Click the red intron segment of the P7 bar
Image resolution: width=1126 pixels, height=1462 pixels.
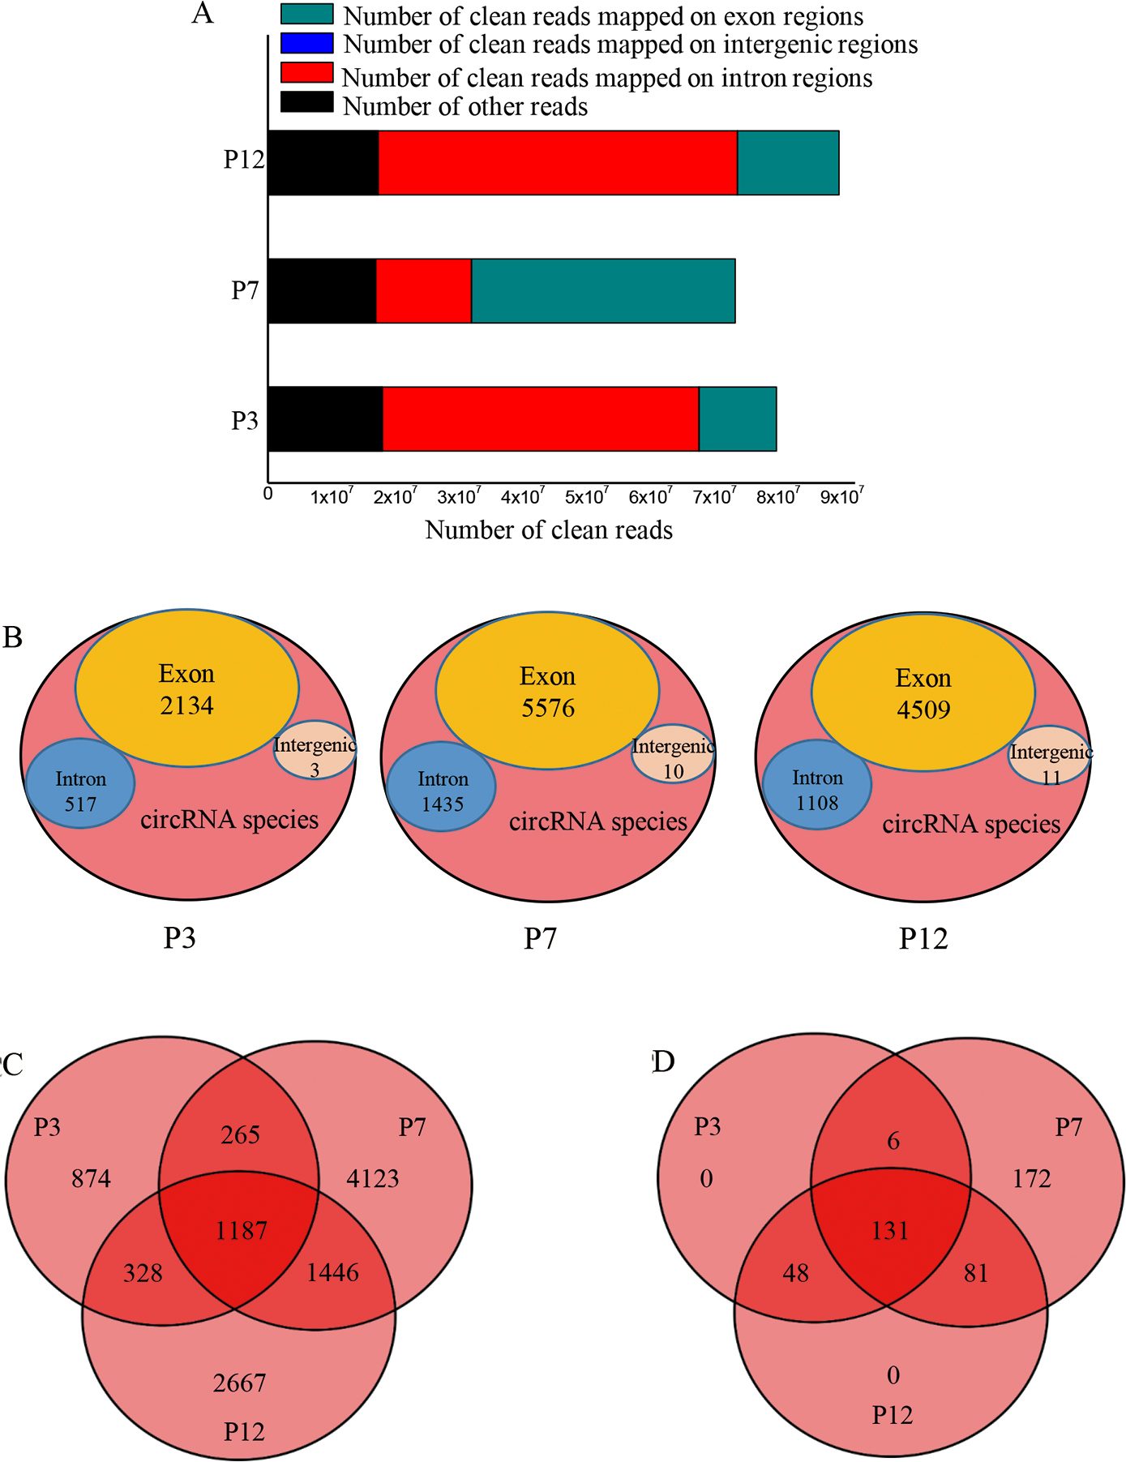point(424,290)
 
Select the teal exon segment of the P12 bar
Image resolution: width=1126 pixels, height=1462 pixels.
point(787,162)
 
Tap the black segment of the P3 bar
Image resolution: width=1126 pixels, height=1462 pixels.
point(325,418)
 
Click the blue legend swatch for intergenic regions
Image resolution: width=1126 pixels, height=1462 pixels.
point(306,42)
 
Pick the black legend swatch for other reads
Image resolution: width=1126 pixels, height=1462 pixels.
point(306,102)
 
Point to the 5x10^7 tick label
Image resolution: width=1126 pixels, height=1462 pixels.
point(588,495)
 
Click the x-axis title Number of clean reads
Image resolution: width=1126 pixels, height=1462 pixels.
point(549,530)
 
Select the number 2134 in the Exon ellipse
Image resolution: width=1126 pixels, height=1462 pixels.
point(186,705)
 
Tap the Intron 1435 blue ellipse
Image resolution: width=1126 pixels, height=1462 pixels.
point(441,787)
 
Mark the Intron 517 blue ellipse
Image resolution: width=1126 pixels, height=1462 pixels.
point(80,783)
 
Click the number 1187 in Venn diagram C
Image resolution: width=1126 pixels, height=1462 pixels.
point(241,1231)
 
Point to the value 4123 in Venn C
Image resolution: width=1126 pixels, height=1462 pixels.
point(372,1177)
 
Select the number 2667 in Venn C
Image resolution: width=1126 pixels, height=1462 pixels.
point(239,1383)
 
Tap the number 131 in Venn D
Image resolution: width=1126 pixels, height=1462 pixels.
point(890,1231)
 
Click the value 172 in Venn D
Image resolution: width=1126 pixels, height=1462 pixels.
point(1031,1177)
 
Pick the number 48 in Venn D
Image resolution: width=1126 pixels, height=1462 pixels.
point(796,1273)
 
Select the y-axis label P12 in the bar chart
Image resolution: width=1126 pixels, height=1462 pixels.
point(244,160)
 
